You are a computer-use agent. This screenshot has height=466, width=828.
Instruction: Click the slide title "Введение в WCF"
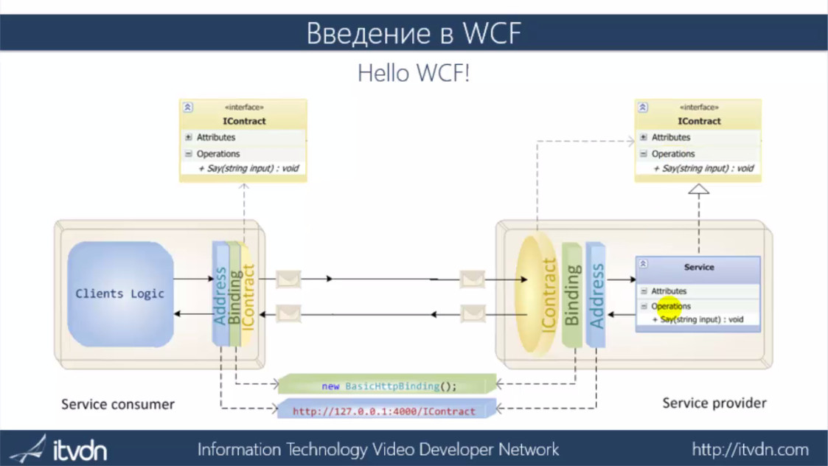[x=414, y=33]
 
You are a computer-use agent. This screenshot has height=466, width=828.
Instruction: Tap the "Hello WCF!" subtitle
[x=413, y=74]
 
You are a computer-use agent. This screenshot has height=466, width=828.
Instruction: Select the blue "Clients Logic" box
[x=120, y=293]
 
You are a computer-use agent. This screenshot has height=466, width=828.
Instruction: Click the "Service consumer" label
[x=118, y=404]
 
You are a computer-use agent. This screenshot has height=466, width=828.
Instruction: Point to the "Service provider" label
[x=714, y=403]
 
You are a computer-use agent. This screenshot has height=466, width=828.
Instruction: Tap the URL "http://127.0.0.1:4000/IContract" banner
[x=384, y=411]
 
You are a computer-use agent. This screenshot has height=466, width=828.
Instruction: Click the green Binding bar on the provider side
[x=572, y=295]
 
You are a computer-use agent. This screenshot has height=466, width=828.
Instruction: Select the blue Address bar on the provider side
[x=596, y=295]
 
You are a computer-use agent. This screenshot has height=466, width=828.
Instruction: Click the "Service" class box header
[x=698, y=267]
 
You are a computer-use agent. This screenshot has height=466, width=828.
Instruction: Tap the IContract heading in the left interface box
[x=244, y=121]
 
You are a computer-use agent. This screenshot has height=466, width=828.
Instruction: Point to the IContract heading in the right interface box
[x=699, y=121]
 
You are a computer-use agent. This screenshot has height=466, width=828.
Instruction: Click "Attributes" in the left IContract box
[x=216, y=137]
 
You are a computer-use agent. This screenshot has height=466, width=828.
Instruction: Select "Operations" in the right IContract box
[x=672, y=154]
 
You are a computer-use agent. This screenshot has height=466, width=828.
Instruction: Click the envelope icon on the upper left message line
[x=288, y=279]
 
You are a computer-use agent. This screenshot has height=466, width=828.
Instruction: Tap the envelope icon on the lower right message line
[x=473, y=315]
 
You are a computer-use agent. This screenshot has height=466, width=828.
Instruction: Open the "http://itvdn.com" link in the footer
[x=750, y=449]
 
